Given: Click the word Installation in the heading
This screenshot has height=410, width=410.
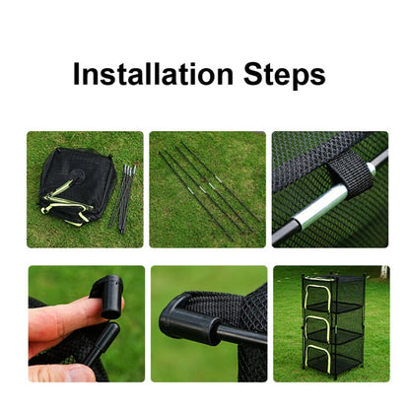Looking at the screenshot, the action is pos(153,74).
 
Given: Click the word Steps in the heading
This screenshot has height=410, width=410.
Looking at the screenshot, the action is pos(285,77).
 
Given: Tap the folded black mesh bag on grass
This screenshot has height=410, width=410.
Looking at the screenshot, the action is pos(77,186).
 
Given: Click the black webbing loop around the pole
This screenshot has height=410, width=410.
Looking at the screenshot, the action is pos(353,171).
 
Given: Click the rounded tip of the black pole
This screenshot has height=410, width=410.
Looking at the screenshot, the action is pos(113,327).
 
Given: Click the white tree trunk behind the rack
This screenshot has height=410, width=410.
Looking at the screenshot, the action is pos(383,273).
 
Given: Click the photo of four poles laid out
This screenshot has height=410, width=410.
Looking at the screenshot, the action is pos(208,189).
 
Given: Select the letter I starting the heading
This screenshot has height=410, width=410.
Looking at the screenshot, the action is pos(77,74).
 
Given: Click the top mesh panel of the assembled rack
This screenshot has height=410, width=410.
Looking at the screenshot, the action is pos(333,279).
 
